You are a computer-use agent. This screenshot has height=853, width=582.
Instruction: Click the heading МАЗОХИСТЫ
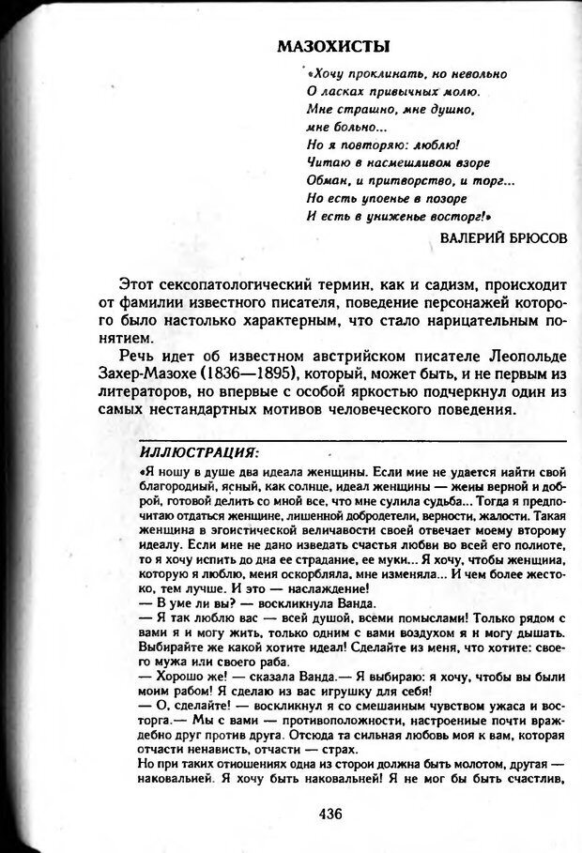pyautogui.click(x=334, y=47)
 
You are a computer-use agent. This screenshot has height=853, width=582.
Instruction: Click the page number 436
pyautogui.click(x=331, y=813)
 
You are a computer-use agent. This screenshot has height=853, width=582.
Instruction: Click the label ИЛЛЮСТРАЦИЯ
pyautogui.click(x=198, y=451)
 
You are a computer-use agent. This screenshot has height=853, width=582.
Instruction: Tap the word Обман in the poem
pyautogui.click(x=327, y=181)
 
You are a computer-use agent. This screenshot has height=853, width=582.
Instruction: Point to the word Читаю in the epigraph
pyautogui.click(x=328, y=163)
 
